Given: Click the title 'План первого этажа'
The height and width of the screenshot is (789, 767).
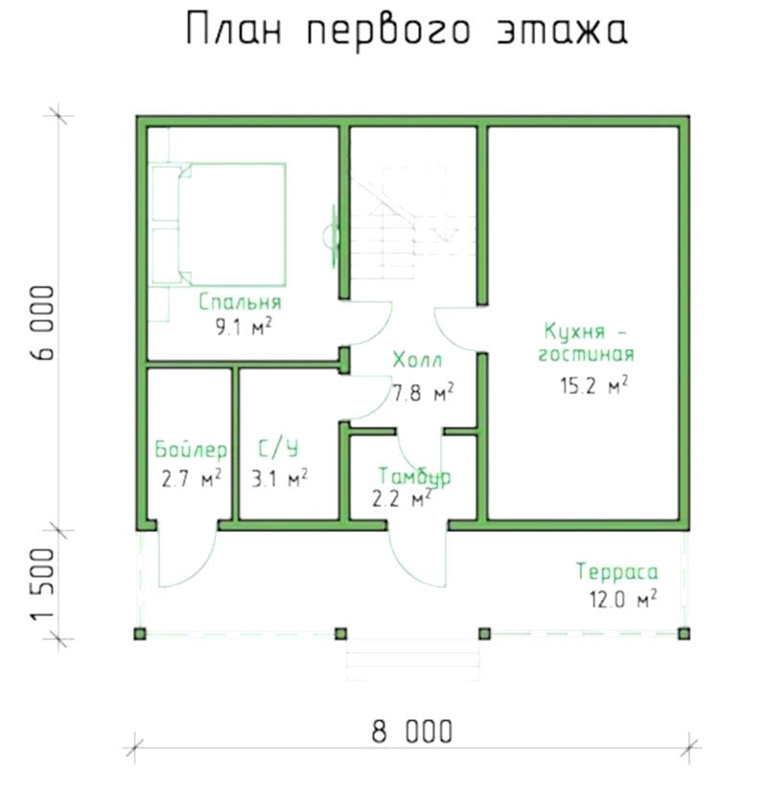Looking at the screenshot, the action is pos(407,30).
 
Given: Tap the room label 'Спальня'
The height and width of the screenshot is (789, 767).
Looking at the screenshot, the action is pos(240,302).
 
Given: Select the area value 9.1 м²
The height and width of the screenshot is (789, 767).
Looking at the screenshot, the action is pos(244,327).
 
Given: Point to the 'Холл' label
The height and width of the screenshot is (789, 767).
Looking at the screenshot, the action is pos(417,360).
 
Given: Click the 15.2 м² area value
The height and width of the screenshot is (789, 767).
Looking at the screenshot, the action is pos(594,385).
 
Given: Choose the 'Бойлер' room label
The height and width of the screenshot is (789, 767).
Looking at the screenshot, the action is pos(191,449).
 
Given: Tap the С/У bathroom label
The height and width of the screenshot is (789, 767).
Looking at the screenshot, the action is pos(278,449).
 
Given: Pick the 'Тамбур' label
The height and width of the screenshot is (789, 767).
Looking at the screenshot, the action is pos(415,476).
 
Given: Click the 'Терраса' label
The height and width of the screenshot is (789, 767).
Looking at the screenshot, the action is pos(617,571).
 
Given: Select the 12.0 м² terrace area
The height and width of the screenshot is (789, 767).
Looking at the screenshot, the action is pos(623,599).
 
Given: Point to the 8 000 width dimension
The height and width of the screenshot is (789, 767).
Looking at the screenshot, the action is pos(412,731).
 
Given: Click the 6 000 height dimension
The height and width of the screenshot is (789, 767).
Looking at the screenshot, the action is pos(43,322).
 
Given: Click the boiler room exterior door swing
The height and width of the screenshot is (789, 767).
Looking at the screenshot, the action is pos(187,558).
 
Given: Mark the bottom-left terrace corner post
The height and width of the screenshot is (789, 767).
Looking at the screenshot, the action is pos(140,634).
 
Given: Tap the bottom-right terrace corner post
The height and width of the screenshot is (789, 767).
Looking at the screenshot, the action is pos(684,634).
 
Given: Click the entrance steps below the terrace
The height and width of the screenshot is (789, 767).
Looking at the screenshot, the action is pos(412,660).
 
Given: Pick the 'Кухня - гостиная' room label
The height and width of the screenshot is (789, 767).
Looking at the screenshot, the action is pos(587,342).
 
